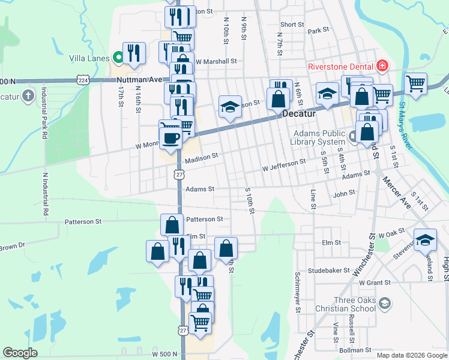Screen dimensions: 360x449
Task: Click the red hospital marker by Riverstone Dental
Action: (382, 66)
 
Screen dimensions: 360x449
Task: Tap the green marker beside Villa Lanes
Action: (118, 58)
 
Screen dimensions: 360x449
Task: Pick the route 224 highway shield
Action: (83, 80)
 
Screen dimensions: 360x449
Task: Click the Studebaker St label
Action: (328, 271)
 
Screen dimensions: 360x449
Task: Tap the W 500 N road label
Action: (165, 354)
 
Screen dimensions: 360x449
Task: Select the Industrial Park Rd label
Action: (44, 113)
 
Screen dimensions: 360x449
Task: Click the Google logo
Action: (20, 353)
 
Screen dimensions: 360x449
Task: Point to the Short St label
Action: (292, 25)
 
